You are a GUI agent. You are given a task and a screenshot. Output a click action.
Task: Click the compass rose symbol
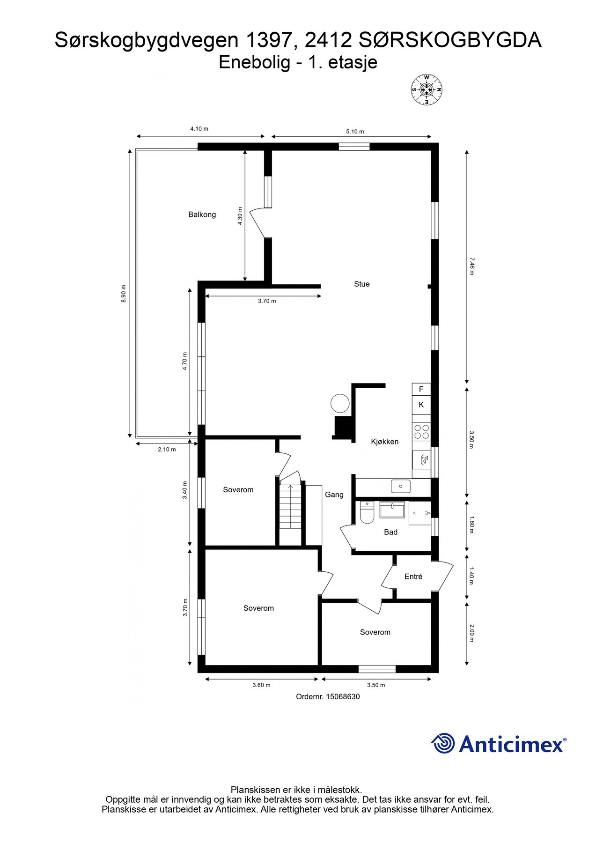pos(427,89)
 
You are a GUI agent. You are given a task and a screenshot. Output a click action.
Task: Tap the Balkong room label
pos(202,214)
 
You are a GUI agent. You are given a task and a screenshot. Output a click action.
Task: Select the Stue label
pos(361,284)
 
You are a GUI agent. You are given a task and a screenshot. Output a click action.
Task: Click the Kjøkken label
pos(384,441)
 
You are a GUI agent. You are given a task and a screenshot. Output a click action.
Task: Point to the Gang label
pos(334,495)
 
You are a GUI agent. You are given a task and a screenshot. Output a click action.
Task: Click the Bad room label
pos(390,532)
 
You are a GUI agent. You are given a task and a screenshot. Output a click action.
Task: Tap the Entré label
pos(413,577)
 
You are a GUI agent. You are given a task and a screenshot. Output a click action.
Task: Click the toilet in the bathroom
pos(367,513)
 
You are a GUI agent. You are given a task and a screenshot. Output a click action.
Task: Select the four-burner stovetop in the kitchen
pos(421,431)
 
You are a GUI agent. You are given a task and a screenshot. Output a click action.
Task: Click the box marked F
pos(421,389)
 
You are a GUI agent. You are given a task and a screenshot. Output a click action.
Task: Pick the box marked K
pos(421,405)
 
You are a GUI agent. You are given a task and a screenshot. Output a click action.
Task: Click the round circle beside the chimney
pos(340,403)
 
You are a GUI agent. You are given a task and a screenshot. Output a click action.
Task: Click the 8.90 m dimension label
pos(124,294)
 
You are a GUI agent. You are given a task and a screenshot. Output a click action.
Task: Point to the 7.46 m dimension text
pos(471,266)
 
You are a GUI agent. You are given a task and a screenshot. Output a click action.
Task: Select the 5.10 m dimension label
pos(355,132)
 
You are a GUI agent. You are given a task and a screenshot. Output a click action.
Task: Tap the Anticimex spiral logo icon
pos(443,743)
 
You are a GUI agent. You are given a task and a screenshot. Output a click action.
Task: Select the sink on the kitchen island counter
pos(401,486)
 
